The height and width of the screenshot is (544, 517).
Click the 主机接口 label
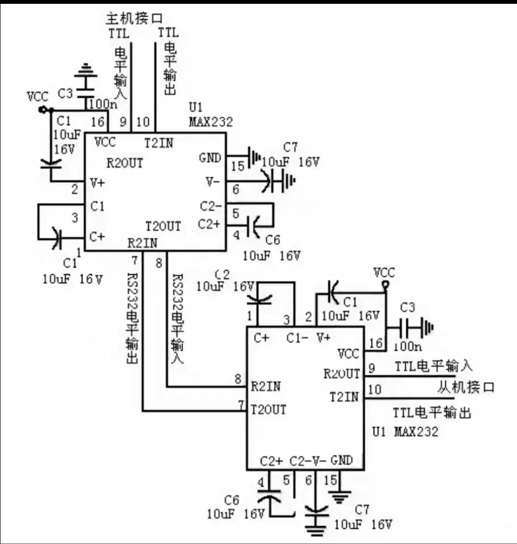pos(134,19)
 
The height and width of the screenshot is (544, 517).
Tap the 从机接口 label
pos(465,387)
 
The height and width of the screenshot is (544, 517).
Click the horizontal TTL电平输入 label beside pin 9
pos(433,366)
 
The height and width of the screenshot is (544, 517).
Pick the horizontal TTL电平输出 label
pos(432,412)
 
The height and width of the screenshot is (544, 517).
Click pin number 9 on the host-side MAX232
pos(123,122)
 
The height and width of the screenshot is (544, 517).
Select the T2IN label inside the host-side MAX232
pos(159,143)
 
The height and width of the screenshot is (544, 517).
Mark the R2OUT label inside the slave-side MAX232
pos(341,374)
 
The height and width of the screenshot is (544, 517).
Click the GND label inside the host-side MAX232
pos(210,158)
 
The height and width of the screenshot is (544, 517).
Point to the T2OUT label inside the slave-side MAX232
pos(269,409)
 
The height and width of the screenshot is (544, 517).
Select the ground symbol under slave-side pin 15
pos(340,497)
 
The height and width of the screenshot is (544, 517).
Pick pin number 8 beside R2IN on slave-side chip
pos(237,379)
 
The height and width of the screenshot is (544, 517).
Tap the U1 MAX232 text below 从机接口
pos(405,431)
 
